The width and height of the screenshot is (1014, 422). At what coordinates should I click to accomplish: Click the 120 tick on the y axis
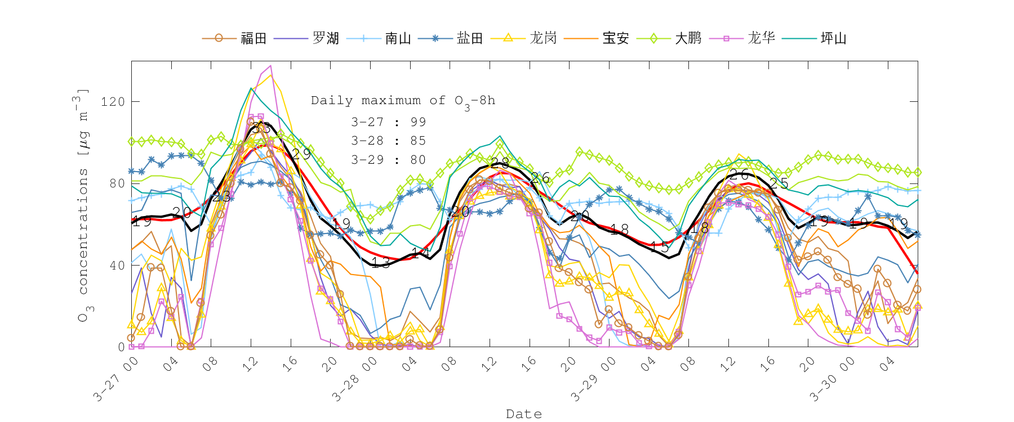coord(113,102)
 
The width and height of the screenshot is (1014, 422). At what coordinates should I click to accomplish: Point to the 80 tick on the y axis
coord(117,183)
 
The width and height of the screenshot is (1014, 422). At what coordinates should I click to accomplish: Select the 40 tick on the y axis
coord(117,266)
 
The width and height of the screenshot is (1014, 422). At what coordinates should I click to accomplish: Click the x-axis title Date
coord(524,414)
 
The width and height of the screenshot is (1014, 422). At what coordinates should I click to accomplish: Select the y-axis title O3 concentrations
coord(83,205)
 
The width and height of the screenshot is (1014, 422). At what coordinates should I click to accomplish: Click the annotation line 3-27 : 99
coord(389,122)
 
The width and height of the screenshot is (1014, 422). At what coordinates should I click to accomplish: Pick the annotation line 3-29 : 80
coord(389,160)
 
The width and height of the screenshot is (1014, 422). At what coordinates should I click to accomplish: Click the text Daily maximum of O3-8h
coord(403,101)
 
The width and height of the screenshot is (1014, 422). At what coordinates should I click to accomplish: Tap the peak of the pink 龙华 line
coord(270,66)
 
